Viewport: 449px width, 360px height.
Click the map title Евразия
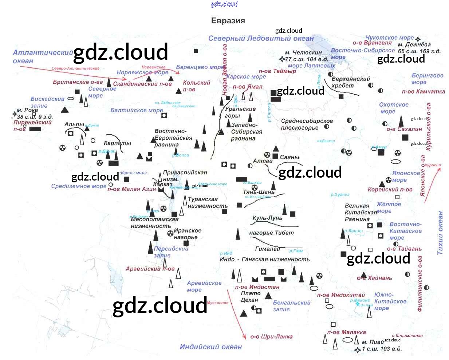tap(228, 21)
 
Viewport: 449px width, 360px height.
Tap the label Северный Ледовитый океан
tap(261, 38)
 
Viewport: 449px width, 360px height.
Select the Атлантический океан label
tap(43, 56)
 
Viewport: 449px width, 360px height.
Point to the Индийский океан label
tap(210, 347)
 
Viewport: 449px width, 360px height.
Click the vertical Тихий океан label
tap(440, 233)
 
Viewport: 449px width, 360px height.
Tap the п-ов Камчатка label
tap(423, 91)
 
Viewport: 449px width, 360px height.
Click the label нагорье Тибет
tap(271, 233)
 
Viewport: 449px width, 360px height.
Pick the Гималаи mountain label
tap(268, 249)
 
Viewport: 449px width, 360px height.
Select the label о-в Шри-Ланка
tap(271, 336)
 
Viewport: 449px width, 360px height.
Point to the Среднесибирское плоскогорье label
tap(307, 124)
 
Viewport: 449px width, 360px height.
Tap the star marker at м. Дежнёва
tap(418, 39)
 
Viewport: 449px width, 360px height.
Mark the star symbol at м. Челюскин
tap(282, 59)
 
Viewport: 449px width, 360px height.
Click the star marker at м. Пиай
tap(358, 350)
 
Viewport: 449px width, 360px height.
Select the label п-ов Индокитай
tap(341, 295)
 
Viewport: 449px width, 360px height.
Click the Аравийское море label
tap(204, 286)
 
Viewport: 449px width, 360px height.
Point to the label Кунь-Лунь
tap(267, 218)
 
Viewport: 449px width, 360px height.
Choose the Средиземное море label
tap(79, 186)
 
